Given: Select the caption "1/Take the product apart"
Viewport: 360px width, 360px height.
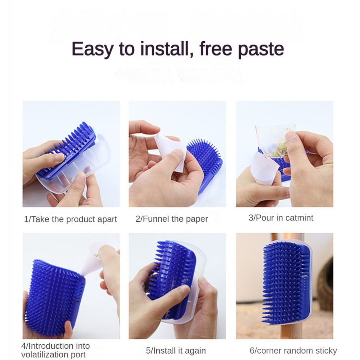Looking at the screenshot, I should pos(70,219).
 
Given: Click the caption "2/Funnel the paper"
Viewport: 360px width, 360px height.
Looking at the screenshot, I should pos(172,219).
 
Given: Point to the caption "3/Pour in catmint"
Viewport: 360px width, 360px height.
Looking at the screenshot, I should pos(281,218).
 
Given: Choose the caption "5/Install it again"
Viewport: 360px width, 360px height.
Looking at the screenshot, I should pos(176,351).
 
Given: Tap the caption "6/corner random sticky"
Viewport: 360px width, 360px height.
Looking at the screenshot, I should pos(293,351).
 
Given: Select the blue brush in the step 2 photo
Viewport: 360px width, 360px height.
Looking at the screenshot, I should pos(205,161).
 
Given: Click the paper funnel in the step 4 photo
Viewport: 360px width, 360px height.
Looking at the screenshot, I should pos(90,261).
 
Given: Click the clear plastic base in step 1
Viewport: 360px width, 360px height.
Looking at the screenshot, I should pos(90,165).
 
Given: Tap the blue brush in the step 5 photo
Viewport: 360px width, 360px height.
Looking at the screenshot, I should pos(171,274).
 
